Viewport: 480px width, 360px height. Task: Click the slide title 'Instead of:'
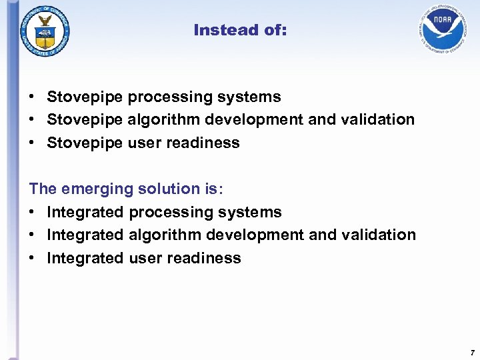[x=240, y=30]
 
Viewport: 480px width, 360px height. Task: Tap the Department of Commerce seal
[x=45, y=29]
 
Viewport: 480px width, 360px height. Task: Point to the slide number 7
[x=471, y=352]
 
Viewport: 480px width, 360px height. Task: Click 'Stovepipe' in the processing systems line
[x=85, y=97]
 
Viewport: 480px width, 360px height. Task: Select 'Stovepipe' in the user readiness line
[x=85, y=143]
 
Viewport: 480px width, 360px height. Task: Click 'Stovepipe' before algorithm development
[x=85, y=120]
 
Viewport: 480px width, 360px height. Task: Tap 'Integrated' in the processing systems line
[x=85, y=213]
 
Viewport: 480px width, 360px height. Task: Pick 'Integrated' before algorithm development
[x=85, y=235]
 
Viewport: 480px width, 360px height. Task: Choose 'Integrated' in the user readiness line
[x=85, y=259]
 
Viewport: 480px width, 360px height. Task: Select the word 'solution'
[x=166, y=189]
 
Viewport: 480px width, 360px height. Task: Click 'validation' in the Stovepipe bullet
[x=378, y=120]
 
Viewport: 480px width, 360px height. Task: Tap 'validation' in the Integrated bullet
[x=379, y=235]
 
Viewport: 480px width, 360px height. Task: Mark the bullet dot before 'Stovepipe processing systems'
[x=32, y=97]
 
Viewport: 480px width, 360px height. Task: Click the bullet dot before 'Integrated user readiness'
[x=32, y=259]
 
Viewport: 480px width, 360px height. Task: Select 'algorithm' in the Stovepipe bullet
[x=163, y=120]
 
